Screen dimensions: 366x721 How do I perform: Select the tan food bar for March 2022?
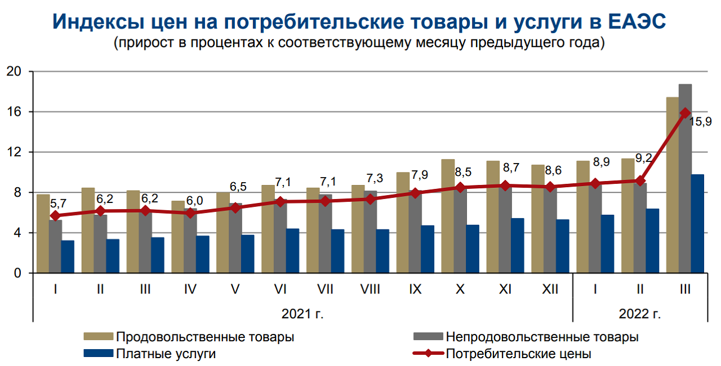click(673, 186)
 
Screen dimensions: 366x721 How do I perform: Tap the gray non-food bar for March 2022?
click(686, 180)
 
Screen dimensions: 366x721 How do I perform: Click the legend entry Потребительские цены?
click(518, 354)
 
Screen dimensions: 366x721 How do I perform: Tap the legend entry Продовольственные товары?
click(204, 337)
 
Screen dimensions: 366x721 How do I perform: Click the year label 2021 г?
click(302, 313)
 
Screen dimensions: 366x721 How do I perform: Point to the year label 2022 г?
click(640, 313)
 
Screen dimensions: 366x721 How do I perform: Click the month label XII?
click(550, 290)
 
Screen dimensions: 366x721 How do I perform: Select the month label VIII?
click(370, 290)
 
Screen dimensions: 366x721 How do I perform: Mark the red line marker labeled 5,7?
click(55, 215)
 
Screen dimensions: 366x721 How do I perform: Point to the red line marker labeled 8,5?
click(460, 187)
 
